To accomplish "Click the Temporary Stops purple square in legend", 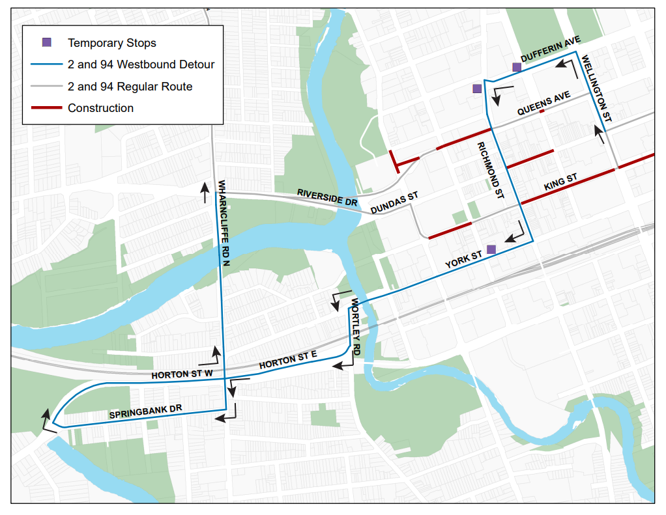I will click(47, 43).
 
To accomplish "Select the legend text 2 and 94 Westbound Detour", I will click(141, 64).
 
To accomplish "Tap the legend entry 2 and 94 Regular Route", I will click(130, 86).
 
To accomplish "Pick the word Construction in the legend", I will click(100, 108).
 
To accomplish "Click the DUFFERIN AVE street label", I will click(550, 50).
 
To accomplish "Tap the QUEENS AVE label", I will click(543, 103).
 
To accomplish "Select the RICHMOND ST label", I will click(491, 170).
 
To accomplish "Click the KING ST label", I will click(560, 182).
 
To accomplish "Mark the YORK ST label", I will click(463, 260).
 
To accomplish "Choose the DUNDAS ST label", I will click(393, 202).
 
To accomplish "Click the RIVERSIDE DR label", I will click(328, 197).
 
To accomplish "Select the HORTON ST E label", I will click(287, 360).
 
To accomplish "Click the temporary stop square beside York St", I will click(491, 249).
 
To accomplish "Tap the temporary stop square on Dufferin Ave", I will click(516, 67).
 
